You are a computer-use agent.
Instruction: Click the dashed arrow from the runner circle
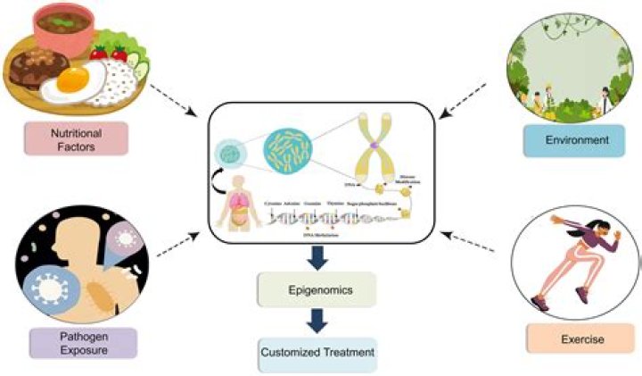[x=467, y=242]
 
